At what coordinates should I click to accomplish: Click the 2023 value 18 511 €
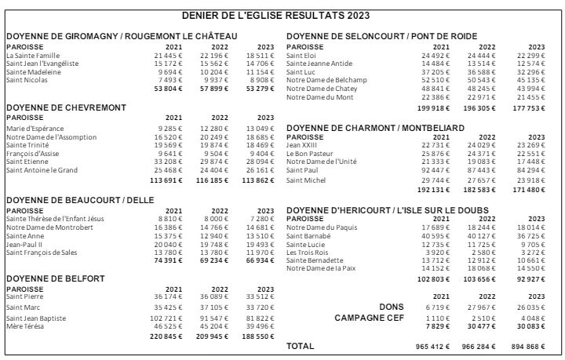coord(261,56)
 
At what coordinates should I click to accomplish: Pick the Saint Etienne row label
coord(27,162)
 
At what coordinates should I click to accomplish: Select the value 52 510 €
coord(435,80)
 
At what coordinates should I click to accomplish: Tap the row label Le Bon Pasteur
coord(310,153)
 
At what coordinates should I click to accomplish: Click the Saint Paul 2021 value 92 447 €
coord(435,169)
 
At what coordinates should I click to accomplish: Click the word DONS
coord(391,285)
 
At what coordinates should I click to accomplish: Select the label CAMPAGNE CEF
coord(369,296)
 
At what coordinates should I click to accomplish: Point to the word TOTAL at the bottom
coord(301,345)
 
